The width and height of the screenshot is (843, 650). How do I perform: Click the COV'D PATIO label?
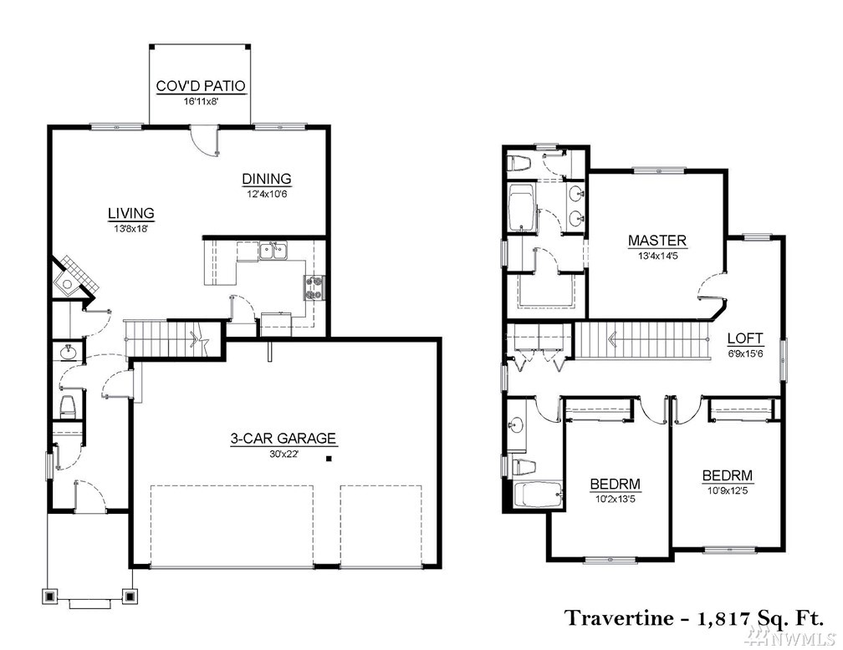[x=201, y=86]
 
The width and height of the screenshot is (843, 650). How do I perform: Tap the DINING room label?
[x=267, y=179]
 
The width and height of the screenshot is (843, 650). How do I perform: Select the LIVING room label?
[x=131, y=213]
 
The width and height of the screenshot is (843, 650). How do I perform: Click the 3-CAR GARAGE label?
[x=284, y=439]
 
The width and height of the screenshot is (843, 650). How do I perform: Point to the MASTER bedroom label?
[x=657, y=240]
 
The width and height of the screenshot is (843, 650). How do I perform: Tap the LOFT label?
[x=745, y=338]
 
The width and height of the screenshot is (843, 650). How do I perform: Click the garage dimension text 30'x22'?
[x=284, y=454]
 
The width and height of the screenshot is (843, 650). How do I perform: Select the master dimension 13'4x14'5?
[x=657, y=256]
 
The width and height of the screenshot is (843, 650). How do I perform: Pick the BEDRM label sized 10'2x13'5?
[x=615, y=484]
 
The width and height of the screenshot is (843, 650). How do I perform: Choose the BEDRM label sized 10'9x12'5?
[x=728, y=475]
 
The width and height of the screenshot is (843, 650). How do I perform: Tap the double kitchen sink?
[x=273, y=251]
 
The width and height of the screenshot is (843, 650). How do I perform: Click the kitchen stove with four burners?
[x=314, y=287]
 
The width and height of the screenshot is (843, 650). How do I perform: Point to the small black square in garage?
[x=330, y=459]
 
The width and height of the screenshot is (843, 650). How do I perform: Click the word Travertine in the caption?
[x=619, y=618]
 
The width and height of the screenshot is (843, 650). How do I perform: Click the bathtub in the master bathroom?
[x=522, y=209]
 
